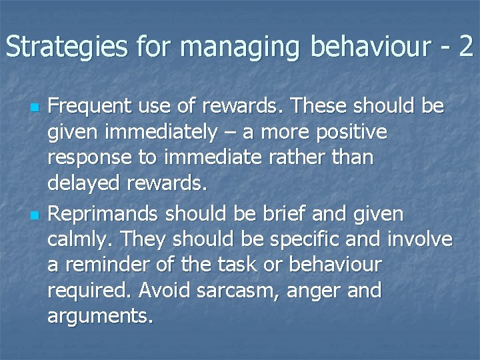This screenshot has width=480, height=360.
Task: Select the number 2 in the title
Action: pos(465,46)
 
